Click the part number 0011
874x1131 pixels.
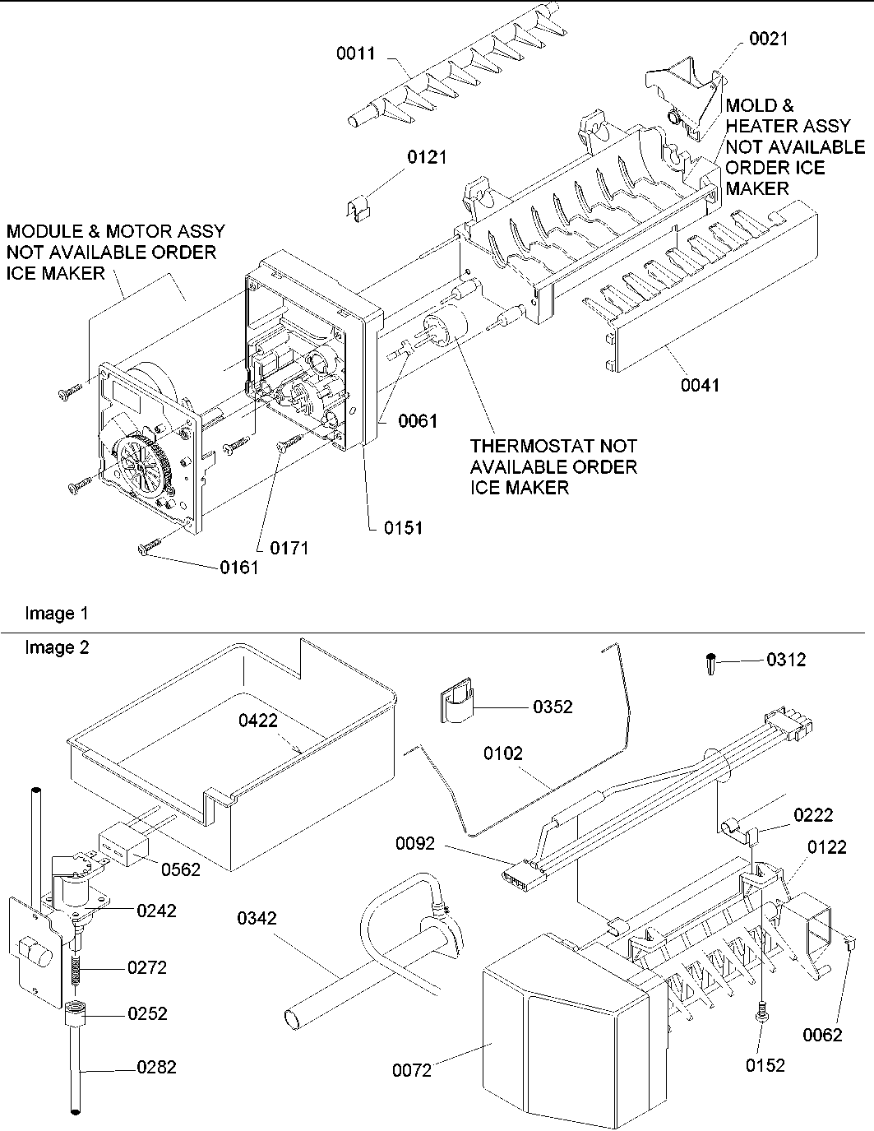(355, 54)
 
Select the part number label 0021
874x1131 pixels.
(767, 39)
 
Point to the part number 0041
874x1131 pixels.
(699, 384)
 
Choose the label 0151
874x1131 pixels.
(403, 528)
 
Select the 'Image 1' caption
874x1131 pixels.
(57, 613)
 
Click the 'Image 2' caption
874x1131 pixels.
(57, 647)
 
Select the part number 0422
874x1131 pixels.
(258, 721)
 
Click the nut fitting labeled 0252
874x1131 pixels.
(76, 1014)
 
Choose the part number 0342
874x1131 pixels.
(257, 918)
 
